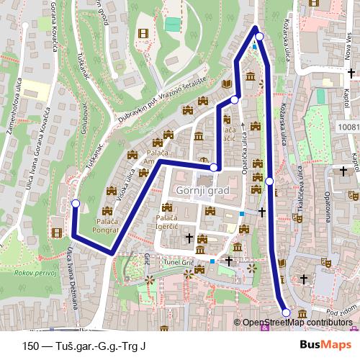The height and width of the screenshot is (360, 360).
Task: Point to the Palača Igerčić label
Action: coord(167,222)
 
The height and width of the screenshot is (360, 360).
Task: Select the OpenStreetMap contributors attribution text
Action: coord(299,323)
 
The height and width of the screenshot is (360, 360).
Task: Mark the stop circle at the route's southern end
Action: coord(286,312)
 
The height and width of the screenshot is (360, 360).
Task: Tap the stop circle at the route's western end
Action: coord(76,204)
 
